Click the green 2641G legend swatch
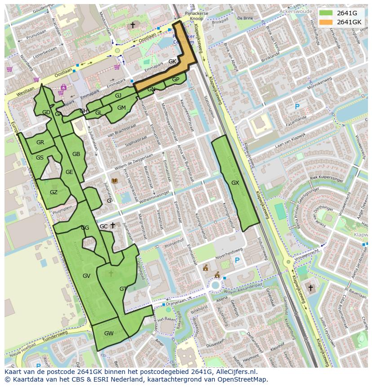point(327,13)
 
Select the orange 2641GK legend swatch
point(327,22)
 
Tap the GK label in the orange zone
point(172,62)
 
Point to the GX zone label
point(235,183)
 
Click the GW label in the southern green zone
point(109,334)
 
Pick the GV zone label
point(87,276)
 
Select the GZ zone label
point(53,192)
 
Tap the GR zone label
point(40,142)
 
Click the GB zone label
point(76,154)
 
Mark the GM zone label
point(121,108)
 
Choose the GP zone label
point(176,80)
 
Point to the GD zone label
point(46,112)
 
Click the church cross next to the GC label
point(113,226)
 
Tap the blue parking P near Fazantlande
point(297,107)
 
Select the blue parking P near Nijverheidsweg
point(237,260)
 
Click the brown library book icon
point(115,181)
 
